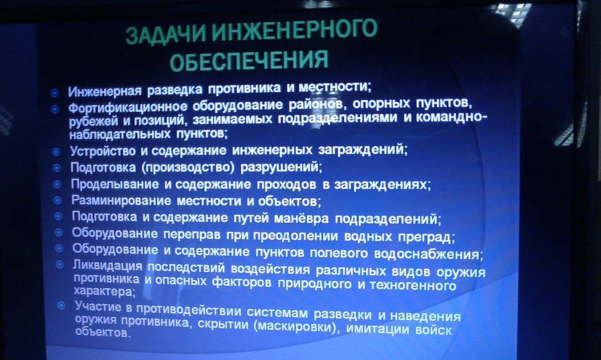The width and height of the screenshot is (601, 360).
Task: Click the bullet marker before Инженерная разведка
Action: coord(54,93)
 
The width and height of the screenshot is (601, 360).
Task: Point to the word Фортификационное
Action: coord(127,108)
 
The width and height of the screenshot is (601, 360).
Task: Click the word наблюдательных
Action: coord(120,134)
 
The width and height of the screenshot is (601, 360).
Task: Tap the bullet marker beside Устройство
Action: coord(56,152)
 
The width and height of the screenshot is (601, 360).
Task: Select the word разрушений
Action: coord(281,167)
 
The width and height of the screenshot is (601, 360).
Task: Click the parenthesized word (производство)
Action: coord(188,168)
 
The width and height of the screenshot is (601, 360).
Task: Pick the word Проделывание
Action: coord(115,184)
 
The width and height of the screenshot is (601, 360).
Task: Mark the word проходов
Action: coord(286,185)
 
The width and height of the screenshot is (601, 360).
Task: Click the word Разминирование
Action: coord(121,200)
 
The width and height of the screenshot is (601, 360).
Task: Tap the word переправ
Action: coord(192,234)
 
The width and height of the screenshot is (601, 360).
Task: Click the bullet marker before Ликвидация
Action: coord(59,265)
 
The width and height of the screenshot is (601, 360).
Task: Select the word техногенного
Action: coord(413,285)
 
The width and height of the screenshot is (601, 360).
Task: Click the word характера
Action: coord(104,291)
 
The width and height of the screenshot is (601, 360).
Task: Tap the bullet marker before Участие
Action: coord(61,306)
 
